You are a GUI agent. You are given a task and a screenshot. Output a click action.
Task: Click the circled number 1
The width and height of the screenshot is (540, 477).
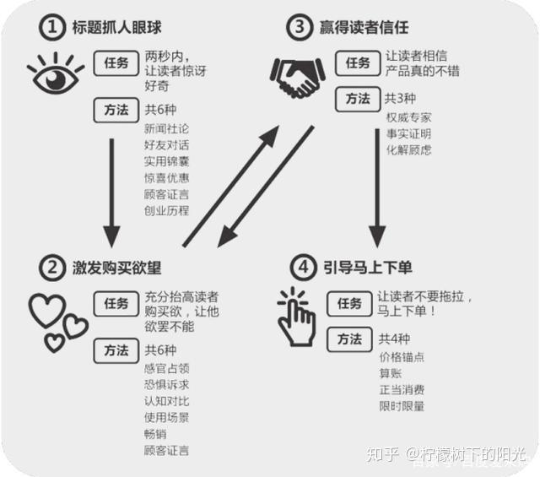(x=53, y=28)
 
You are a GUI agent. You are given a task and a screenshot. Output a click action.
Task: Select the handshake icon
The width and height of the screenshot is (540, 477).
(x=297, y=75)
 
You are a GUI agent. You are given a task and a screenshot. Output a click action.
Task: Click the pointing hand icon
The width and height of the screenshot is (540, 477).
(x=296, y=317)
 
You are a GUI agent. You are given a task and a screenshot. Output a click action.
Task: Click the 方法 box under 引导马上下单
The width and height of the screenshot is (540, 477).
(x=349, y=339)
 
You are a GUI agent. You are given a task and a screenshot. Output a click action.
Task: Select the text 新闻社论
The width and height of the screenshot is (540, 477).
(x=167, y=128)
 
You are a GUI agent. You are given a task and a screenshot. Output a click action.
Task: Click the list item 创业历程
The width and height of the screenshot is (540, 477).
(x=167, y=210)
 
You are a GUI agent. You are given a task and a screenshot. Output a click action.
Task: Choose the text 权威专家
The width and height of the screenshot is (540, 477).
(x=408, y=117)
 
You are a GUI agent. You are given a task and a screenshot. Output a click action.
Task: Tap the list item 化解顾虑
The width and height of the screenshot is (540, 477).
(x=408, y=149)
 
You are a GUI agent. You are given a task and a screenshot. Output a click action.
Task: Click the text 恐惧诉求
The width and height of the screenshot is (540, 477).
(x=167, y=384)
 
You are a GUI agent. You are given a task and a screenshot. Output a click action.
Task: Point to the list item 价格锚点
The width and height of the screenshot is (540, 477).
(x=402, y=357)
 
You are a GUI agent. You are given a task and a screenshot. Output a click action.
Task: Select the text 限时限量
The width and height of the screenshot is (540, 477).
(x=402, y=406)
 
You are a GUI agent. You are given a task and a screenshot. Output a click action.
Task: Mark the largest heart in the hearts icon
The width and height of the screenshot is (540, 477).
(x=46, y=310)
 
